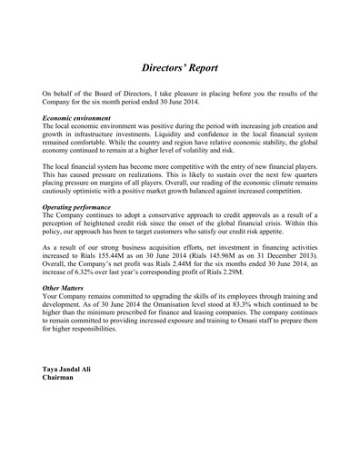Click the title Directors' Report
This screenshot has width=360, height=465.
(x=180, y=68)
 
